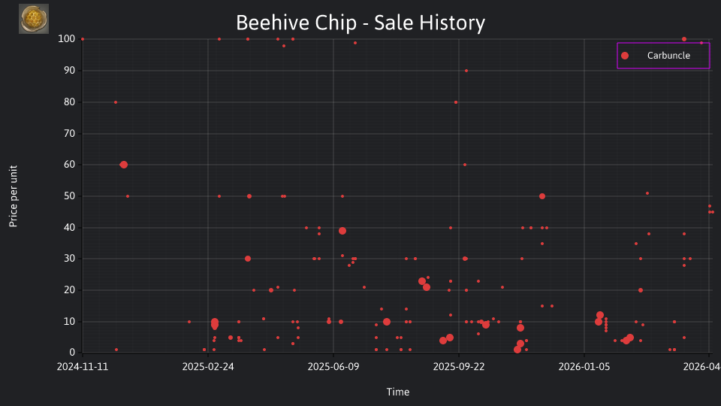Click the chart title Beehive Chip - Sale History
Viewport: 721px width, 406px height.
pos(360,23)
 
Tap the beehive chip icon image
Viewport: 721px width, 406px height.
pos(34,19)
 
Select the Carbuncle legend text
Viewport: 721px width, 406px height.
pos(668,56)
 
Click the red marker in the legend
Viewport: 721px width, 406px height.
pos(625,56)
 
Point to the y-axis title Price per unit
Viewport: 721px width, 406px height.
pos(14,196)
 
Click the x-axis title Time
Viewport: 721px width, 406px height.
pos(398,392)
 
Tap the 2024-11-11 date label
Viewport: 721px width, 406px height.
pos(83,367)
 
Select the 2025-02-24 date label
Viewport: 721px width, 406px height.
pos(208,367)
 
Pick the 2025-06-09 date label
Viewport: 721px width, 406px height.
pos(333,367)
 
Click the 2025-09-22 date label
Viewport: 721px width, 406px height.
pos(459,367)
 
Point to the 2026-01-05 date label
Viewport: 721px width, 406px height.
pos(584,367)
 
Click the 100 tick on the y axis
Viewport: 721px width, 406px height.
pos(67,39)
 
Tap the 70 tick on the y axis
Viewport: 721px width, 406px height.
pos(69,134)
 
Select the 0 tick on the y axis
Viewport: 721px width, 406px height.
pos(72,353)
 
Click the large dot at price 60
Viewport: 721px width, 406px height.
pos(123,165)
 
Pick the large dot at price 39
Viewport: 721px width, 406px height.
pos(342,231)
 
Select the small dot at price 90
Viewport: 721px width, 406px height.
pos(466,71)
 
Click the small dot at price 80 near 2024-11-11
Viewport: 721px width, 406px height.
pos(116,102)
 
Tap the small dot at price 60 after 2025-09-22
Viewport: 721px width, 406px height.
pos(465,165)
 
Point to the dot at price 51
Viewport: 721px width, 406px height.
pos(647,193)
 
